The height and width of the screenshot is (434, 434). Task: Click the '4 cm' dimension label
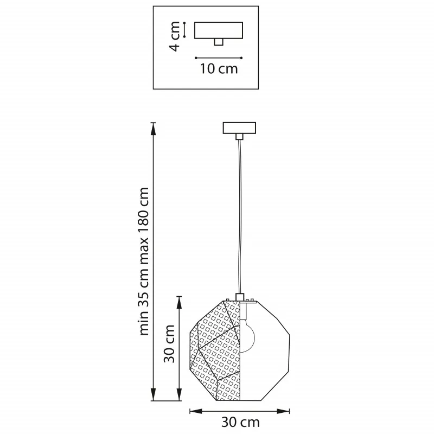[175, 36]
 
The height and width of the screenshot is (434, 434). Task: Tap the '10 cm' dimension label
[219, 69]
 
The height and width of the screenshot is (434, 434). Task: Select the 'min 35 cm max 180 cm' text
[144, 261]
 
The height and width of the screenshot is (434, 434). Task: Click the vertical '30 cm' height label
[169, 343]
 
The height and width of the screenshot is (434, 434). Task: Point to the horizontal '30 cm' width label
[240, 423]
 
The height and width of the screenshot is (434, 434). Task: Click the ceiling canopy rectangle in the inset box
[219, 30]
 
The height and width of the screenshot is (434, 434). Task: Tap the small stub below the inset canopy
[219, 42]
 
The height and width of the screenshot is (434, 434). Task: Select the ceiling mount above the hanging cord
[239, 128]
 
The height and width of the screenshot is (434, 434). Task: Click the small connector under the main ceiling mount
[239, 137]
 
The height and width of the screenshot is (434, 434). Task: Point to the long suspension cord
[239, 216]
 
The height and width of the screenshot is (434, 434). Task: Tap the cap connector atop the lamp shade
[239, 297]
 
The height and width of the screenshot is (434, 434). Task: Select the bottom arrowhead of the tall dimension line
[153, 394]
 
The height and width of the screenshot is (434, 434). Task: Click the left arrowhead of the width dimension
[196, 411]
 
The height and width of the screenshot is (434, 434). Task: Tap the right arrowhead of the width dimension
[283, 411]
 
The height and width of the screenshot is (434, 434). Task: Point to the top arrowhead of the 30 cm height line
[180, 303]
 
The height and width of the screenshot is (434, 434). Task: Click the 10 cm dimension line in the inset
[219, 58]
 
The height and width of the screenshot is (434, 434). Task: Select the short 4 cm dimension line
[184, 30]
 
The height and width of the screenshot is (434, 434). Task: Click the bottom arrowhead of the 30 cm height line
[180, 394]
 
